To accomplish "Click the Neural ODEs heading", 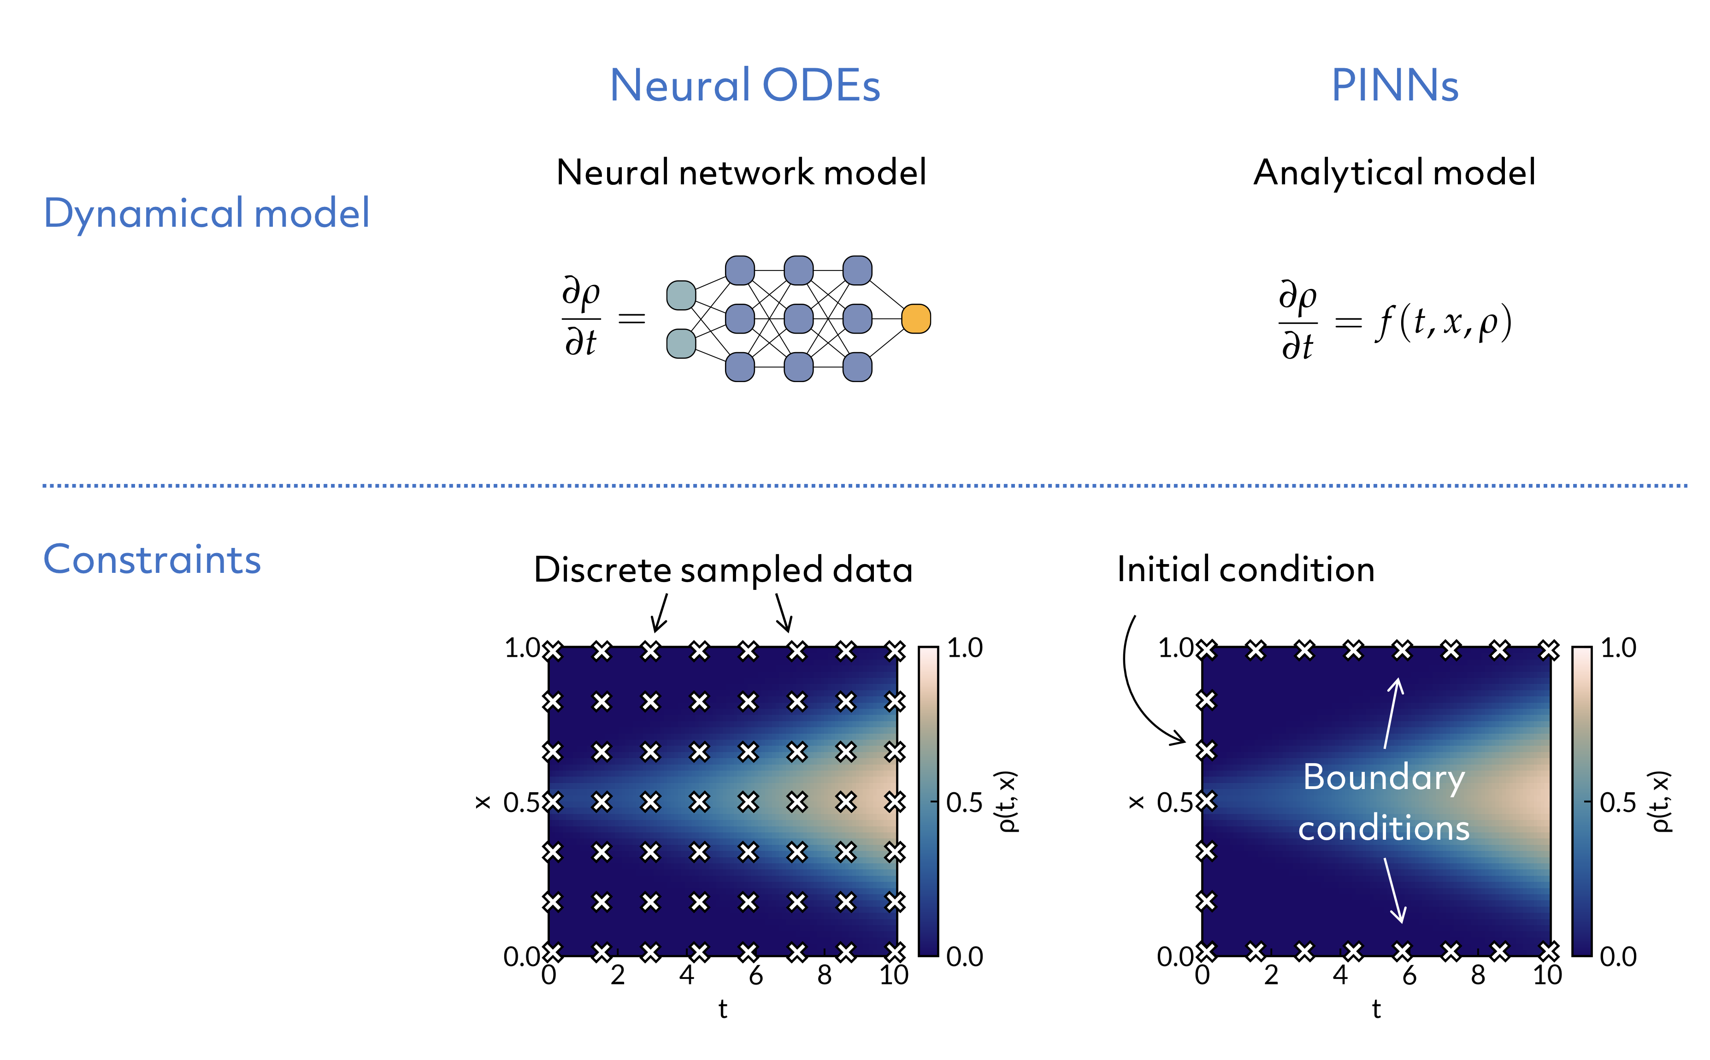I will pos(744,86).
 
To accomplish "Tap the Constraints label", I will pos(152,559).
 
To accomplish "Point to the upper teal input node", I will pos(680,295).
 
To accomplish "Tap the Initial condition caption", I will pos(1245,569).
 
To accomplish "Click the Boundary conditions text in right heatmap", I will pos(1383,803).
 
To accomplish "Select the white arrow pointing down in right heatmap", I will pos(1394,890).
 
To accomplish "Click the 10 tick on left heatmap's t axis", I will pos(893,974).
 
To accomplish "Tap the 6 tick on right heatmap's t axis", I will pos(1409,974).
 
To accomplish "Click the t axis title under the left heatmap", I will pos(722,1009).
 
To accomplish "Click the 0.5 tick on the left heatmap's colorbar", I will pos(964,802).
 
